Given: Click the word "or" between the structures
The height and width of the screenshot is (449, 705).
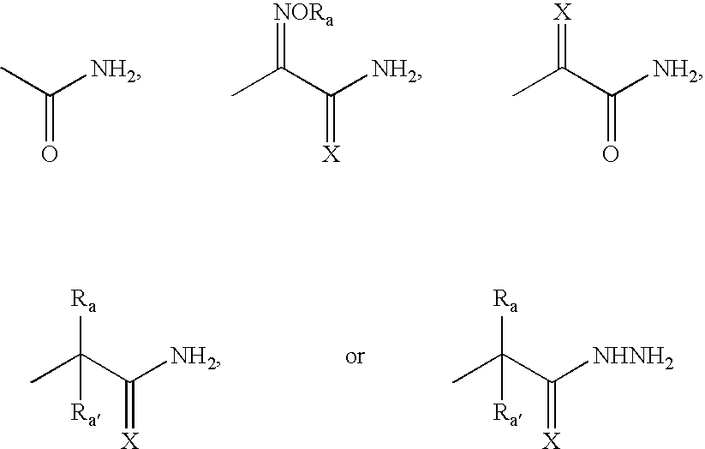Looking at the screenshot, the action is [x=355, y=357].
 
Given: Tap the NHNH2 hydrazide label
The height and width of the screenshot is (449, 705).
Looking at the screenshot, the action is [x=634, y=356].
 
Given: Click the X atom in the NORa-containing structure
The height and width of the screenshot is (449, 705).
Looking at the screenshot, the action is [x=332, y=154].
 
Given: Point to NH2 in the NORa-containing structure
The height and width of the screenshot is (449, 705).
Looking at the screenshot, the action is [x=396, y=70].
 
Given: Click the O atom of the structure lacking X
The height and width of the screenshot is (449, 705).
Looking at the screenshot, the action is [x=50, y=154].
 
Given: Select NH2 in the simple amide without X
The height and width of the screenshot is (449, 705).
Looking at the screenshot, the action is [x=115, y=70].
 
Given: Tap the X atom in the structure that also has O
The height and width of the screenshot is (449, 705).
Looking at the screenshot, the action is [x=563, y=12].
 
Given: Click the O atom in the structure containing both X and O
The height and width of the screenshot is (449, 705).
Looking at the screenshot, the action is [x=611, y=154].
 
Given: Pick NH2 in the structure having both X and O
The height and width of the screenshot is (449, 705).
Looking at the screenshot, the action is [x=676, y=70].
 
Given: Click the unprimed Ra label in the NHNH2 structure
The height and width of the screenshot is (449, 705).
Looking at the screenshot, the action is [x=505, y=300].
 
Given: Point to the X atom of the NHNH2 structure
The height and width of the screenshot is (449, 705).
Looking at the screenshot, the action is [x=552, y=441].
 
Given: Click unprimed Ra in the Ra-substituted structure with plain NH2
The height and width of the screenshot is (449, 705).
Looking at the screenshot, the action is [x=84, y=300].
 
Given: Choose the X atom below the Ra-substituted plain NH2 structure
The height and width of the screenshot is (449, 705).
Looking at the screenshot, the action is [x=130, y=441].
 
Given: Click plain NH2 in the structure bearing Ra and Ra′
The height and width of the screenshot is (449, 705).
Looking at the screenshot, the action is [x=194, y=356].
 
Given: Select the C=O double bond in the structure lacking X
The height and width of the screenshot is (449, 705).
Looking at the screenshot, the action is [x=50, y=119].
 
